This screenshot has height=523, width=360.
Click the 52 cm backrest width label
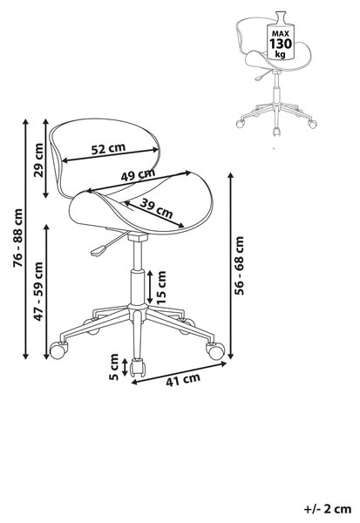tap(108, 148)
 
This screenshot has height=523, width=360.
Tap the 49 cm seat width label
tap(138, 175)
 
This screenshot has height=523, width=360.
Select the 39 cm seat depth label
tap(156, 208)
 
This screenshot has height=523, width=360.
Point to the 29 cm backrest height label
tap(38, 160)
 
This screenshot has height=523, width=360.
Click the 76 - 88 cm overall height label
tap(17, 238)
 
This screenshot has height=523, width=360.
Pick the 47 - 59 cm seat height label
tap(38, 291)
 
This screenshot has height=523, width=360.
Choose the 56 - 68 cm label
tap(239, 266)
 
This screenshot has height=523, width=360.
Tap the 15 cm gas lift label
tap(161, 287)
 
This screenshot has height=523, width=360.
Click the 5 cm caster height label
tap(114, 367)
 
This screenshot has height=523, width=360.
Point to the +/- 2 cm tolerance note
tap(328, 509)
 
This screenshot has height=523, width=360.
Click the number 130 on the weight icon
tap(281, 44)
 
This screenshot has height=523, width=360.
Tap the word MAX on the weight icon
tap(281, 34)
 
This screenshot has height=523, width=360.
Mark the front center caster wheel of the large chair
tap(138, 368)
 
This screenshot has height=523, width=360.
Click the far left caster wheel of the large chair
tap(58, 350)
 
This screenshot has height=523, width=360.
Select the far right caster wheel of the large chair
tap(215, 351)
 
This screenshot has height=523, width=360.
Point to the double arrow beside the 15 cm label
tap(150, 287)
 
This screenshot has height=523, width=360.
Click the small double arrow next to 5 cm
tap(125, 367)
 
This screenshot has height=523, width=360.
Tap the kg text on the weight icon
tap(281, 54)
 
